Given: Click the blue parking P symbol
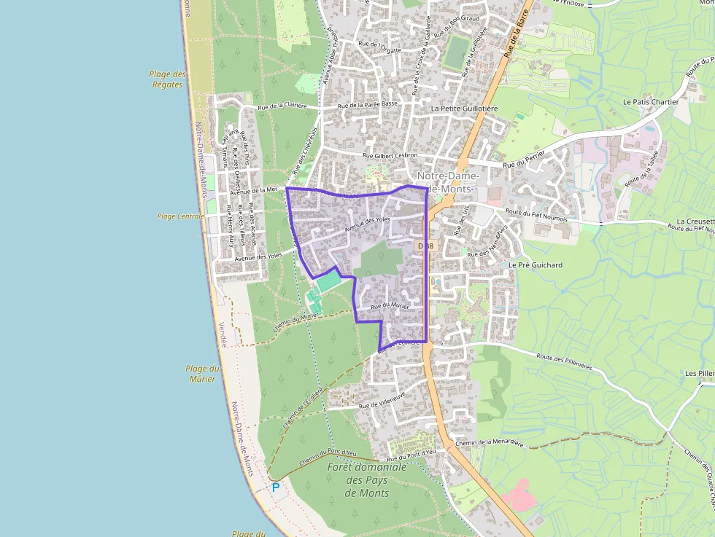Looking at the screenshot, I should pyautogui.click(x=275, y=487).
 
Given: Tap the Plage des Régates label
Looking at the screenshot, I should pyautogui.click(x=167, y=79).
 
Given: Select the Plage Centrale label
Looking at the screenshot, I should pyautogui.click(x=181, y=216).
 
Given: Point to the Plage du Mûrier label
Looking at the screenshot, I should pyautogui.click(x=202, y=374).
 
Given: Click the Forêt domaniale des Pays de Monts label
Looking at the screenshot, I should pyautogui.click(x=367, y=479).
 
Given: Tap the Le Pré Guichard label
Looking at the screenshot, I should pyautogui.click(x=536, y=265).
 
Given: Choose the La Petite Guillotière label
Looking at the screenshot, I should pyautogui.click(x=464, y=109).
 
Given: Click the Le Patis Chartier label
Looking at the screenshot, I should pyautogui.click(x=651, y=102).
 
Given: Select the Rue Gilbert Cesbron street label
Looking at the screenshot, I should pyautogui.click(x=390, y=155).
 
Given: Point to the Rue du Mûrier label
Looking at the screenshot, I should pyautogui.click(x=390, y=307).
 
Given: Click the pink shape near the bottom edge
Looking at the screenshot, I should pyautogui.click(x=519, y=495).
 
